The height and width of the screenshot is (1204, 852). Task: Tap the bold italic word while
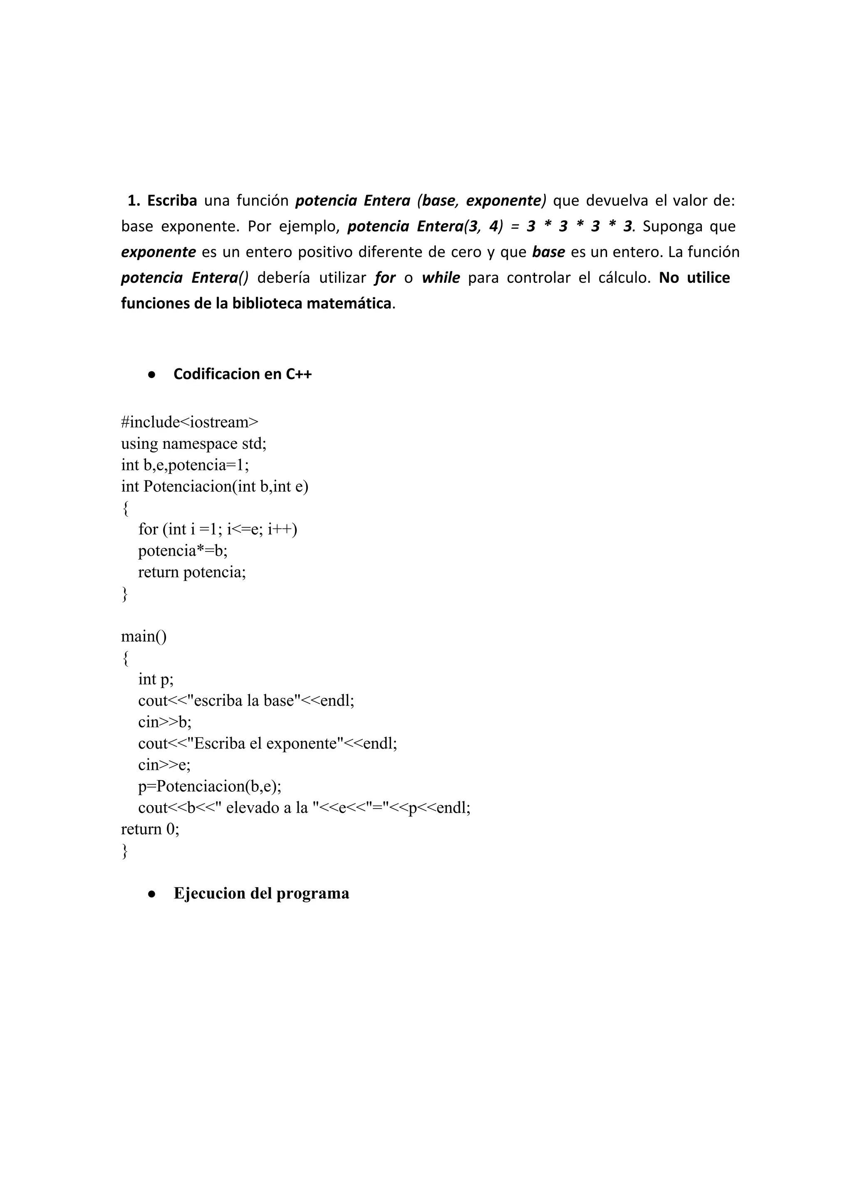[441, 278]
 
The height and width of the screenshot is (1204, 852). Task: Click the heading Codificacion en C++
[243, 374]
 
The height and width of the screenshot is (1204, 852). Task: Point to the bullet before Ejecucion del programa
[151, 894]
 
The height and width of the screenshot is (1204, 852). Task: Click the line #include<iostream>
[190, 422]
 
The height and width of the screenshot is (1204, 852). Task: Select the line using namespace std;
[193, 444]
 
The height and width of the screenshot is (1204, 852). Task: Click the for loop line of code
[218, 529]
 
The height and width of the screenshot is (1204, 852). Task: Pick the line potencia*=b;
[183, 551]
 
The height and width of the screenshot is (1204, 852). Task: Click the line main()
[144, 637]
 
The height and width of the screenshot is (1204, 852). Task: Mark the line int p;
[156, 680]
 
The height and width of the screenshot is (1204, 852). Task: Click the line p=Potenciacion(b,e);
[210, 786]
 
